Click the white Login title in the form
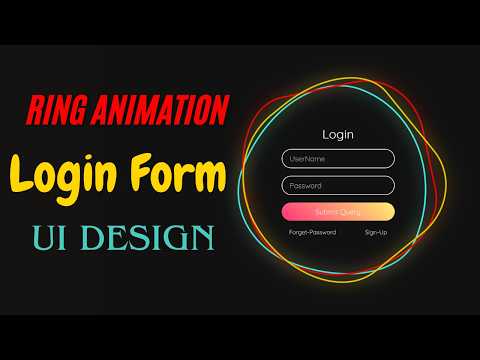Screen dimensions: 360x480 point(338,134)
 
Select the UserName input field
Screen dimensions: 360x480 point(338,158)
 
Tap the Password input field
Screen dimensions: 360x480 point(338,185)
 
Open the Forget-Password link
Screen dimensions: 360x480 point(312,232)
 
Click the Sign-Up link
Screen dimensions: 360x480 point(376,232)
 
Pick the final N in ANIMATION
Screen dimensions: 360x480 point(224,107)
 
